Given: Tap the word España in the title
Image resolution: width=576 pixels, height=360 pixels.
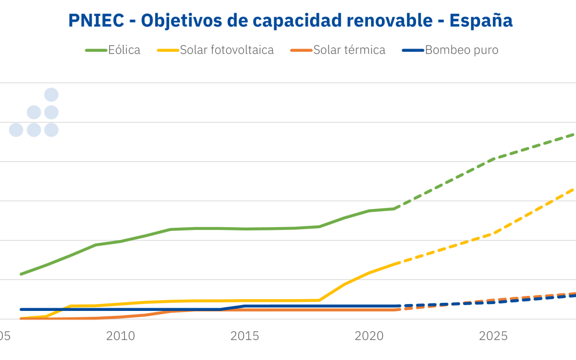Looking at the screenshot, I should click(x=481, y=20).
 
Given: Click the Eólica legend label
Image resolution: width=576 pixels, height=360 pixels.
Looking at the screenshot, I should click(x=124, y=50).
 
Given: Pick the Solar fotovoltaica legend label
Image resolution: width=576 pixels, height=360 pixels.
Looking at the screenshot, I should click(x=227, y=50).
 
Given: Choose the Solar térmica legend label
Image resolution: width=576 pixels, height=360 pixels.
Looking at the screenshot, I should click(x=349, y=50).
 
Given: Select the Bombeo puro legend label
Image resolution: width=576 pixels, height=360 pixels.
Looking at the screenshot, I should click(x=462, y=50).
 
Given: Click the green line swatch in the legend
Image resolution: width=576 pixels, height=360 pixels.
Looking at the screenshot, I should click(x=96, y=51).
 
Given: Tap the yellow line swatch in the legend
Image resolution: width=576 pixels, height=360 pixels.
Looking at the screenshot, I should click(x=168, y=51).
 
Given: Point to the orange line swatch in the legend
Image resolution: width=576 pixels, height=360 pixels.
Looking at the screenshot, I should click(x=301, y=51).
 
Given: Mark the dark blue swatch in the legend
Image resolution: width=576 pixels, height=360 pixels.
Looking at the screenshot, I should click(x=413, y=51).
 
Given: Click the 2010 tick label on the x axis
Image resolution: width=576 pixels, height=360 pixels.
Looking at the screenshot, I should click(x=120, y=336).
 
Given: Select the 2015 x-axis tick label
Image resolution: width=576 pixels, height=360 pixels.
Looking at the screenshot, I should click(x=245, y=336).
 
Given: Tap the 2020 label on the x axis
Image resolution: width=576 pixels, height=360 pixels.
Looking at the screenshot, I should click(x=369, y=336).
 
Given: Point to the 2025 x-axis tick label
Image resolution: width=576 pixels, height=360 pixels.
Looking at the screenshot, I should click(x=493, y=336).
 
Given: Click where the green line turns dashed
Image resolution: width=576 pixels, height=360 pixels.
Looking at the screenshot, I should click(x=395, y=209).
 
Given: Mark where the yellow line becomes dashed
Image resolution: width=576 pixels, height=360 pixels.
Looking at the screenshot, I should click(x=395, y=263).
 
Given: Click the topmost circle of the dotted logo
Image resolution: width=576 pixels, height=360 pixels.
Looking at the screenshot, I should click(x=51, y=95).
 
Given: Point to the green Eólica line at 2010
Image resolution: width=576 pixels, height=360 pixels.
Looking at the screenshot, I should click(x=120, y=242).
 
